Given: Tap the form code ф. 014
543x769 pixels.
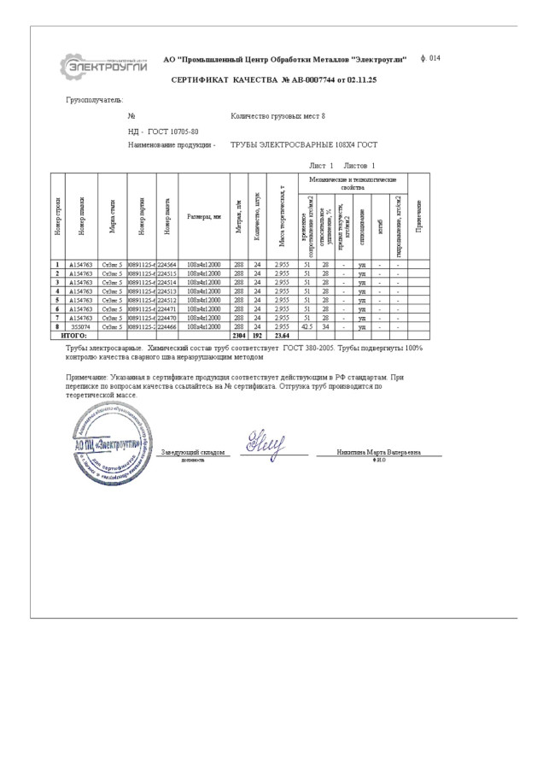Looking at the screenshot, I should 431,58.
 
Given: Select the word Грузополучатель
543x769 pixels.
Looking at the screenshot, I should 95,100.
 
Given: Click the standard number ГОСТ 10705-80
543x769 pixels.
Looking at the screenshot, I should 173,132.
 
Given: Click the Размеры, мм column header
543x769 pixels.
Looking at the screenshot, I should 204,216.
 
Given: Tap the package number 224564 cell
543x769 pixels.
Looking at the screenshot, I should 166,265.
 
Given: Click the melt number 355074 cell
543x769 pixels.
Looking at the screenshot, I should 82,326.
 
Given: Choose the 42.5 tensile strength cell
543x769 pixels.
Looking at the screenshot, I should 307,326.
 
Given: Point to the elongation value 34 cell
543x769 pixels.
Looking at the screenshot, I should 326,326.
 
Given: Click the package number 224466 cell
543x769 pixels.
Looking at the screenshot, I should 166,326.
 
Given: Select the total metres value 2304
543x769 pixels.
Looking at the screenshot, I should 239,336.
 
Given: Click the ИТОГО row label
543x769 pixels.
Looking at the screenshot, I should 74,336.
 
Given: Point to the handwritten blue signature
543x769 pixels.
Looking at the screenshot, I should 266,443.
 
